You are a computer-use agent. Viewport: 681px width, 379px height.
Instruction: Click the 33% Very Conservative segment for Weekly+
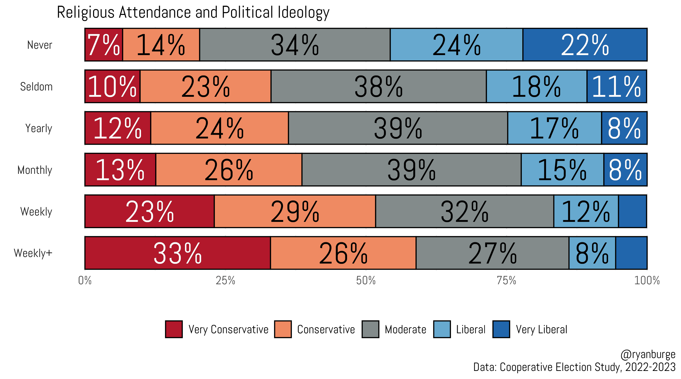point(178,253)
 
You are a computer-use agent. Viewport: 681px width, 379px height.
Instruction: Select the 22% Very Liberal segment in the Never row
point(585,45)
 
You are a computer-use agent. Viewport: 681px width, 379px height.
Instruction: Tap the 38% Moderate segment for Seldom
point(379,86)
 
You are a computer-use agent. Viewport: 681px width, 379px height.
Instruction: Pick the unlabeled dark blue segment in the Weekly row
point(632,211)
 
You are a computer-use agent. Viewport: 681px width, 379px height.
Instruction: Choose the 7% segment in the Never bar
point(104,45)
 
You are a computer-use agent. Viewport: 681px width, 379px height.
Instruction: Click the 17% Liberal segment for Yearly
point(554,128)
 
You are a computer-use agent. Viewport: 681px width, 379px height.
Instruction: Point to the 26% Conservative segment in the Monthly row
point(229,170)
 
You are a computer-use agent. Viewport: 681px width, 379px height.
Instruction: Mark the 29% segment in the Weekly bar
point(295,211)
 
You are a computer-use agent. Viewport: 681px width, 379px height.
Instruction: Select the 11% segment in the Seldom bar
point(616,86)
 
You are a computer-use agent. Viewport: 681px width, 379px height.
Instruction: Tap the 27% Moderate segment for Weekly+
point(492,253)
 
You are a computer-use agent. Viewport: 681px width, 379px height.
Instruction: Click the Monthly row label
point(35,170)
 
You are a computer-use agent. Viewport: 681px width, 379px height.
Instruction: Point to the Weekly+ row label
point(33,253)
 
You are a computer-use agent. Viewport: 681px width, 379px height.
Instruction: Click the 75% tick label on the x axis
point(506,280)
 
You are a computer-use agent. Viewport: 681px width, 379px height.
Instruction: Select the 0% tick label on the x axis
point(85,280)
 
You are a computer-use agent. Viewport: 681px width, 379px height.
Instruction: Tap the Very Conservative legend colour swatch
point(174,329)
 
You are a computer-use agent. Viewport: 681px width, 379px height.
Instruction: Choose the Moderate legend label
point(405,329)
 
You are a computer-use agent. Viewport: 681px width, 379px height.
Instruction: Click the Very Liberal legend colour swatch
point(501,329)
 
